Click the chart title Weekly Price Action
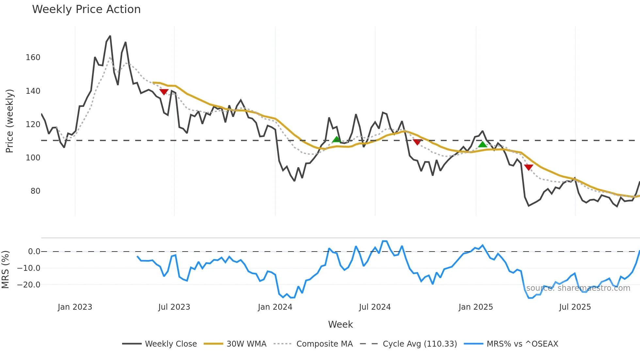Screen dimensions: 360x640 [86, 9]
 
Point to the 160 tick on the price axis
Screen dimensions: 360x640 [33, 57]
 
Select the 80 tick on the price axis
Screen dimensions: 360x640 [35, 191]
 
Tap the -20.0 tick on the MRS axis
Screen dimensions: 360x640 [29, 285]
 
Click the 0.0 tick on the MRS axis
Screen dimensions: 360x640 [34, 252]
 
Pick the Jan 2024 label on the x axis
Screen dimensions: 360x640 [275, 307]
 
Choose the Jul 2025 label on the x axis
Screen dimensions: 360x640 [575, 307]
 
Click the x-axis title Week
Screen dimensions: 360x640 [340, 324]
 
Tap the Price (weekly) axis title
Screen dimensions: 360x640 [10, 121]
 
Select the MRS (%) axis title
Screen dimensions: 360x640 [6, 270]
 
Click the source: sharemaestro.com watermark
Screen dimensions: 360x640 [578, 288]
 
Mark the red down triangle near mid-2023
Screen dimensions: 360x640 [164, 92]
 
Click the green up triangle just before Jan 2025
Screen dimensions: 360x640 [482, 144]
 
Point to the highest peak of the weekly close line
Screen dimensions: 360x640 [110, 36]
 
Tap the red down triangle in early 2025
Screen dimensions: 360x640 [528, 167]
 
